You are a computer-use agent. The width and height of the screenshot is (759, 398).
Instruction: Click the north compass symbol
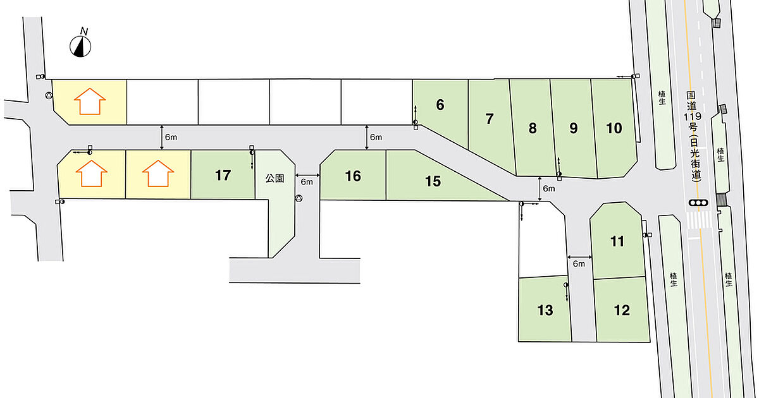(x=80, y=45)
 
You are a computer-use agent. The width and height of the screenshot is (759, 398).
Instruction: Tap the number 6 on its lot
(x=440, y=105)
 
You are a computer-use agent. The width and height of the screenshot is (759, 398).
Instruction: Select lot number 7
(x=489, y=119)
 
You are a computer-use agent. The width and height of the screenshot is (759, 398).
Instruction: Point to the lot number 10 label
(x=614, y=128)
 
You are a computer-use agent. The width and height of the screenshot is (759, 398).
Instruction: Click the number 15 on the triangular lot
(x=433, y=181)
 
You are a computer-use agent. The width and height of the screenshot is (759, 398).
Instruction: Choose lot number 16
(x=353, y=176)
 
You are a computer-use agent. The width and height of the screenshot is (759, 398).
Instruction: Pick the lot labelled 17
(x=223, y=176)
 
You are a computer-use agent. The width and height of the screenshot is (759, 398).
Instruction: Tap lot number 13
(x=545, y=310)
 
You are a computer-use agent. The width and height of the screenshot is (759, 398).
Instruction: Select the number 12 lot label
(x=622, y=310)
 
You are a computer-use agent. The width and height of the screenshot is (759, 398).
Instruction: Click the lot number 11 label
(x=617, y=241)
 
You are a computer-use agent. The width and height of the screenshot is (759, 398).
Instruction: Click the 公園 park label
(x=275, y=178)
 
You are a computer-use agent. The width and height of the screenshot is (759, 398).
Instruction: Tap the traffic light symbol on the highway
(x=698, y=203)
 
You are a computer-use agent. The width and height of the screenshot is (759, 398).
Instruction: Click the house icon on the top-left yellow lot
(x=90, y=102)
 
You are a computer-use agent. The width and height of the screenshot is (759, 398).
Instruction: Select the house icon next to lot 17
(x=158, y=173)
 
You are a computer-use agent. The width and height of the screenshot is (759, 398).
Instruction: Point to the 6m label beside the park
(x=307, y=182)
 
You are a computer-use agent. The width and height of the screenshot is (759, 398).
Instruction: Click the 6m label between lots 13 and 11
(x=579, y=263)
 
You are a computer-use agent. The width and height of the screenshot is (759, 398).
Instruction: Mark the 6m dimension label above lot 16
(x=376, y=137)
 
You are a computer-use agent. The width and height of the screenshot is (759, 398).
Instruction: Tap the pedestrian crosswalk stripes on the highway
(x=699, y=220)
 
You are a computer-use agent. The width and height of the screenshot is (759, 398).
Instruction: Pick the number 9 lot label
(x=573, y=128)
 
